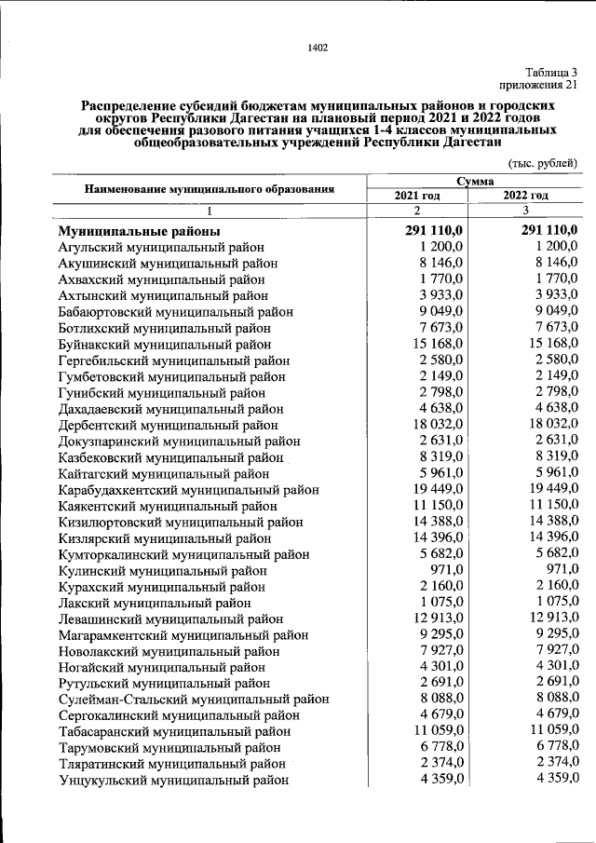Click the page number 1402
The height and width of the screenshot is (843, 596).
318,48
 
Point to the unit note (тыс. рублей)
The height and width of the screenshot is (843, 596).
543,163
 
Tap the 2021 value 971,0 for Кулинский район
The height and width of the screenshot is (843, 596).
454,569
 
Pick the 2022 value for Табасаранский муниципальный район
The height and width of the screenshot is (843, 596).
549,730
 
